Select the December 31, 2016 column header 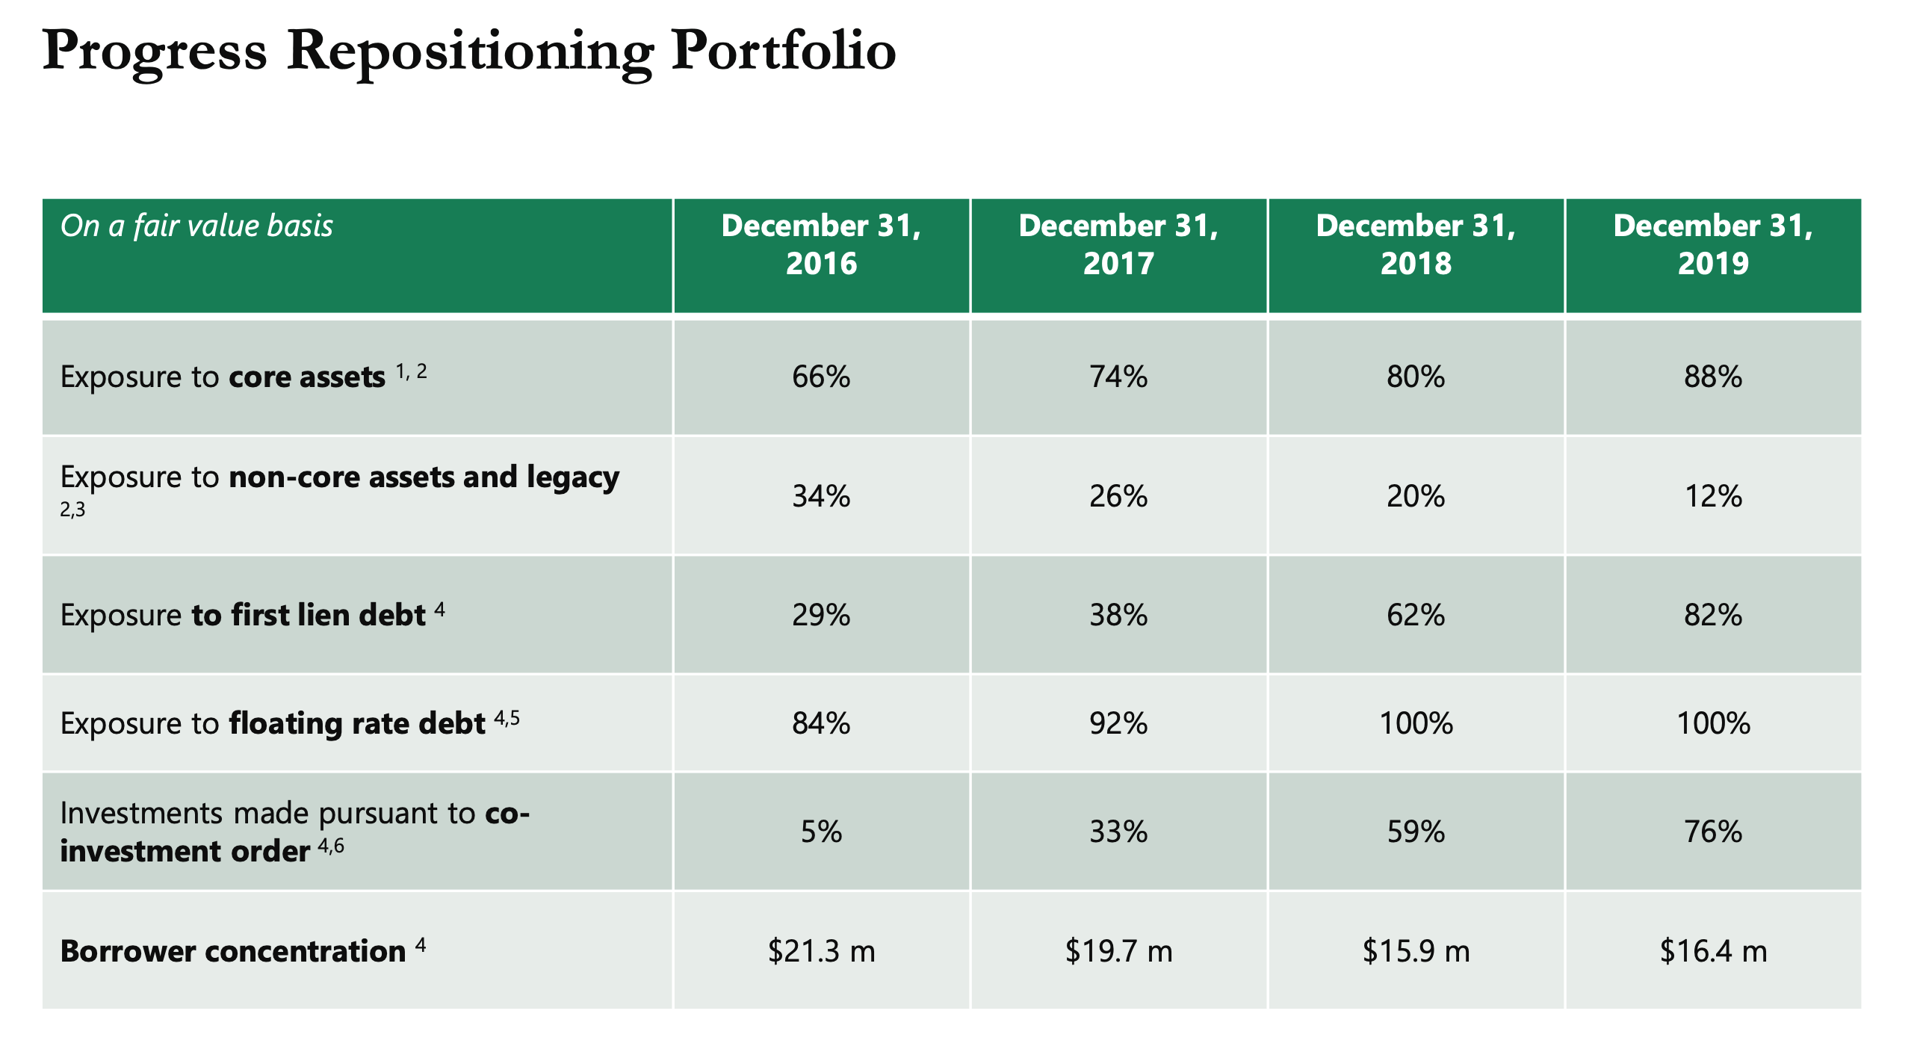click(x=821, y=244)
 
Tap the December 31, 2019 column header click(x=1712, y=244)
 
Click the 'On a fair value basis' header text click(x=196, y=226)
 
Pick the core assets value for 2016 click(x=821, y=377)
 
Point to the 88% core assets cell click(x=1712, y=377)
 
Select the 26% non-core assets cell click(x=1118, y=496)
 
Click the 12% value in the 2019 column click(x=1712, y=496)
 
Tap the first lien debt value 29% click(x=821, y=615)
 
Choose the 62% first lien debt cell click(x=1415, y=615)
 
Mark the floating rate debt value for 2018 click(x=1415, y=723)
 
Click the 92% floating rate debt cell click(x=1118, y=723)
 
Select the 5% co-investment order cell click(x=821, y=832)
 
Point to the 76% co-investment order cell click(x=1712, y=832)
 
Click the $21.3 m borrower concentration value click(x=821, y=951)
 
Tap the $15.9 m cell click(x=1415, y=951)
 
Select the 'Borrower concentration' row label click(x=233, y=951)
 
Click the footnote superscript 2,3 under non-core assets click(x=72, y=510)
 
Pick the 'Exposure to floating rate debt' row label click(x=273, y=723)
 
